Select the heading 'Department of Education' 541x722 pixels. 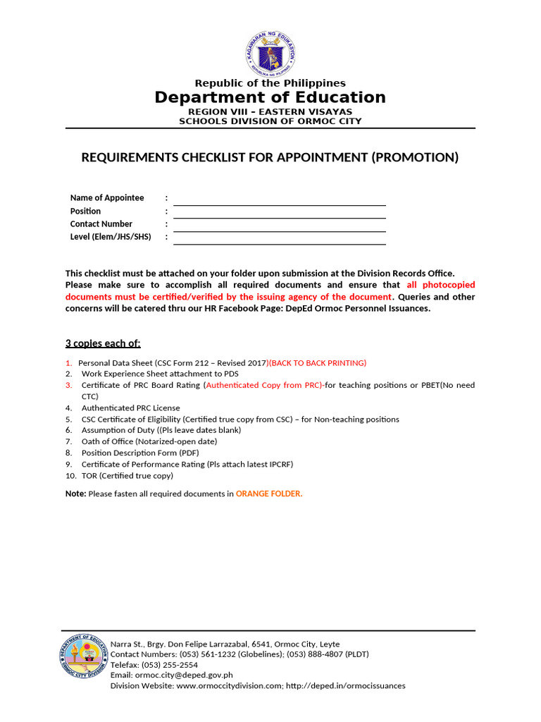click(270, 97)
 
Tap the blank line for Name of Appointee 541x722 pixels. click(280, 200)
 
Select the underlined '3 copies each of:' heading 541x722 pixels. click(103, 343)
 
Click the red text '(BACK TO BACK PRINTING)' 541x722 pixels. click(317, 363)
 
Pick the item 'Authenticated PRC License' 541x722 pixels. click(130, 408)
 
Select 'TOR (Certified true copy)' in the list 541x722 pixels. click(127, 475)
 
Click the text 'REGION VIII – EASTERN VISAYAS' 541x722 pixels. click(270, 112)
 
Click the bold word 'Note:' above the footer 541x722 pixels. click(75, 494)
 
